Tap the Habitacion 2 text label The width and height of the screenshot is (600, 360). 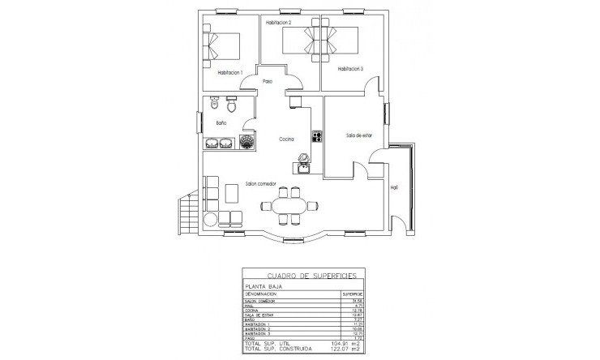(x=278, y=23)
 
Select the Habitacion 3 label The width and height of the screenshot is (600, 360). (x=351, y=69)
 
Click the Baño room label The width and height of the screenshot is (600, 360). (x=221, y=123)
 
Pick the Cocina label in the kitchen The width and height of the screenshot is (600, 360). (x=286, y=139)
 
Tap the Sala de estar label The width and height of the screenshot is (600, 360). (x=359, y=135)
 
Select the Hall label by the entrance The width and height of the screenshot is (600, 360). (x=394, y=187)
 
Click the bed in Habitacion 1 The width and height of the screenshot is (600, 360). (x=223, y=45)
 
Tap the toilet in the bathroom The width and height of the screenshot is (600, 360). (x=231, y=106)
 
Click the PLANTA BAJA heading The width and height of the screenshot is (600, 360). (x=264, y=286)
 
